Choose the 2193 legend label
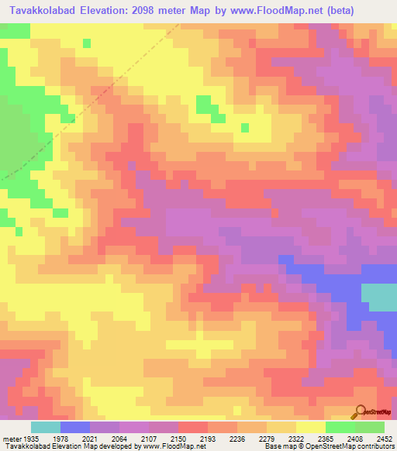209,439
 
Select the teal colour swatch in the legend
46,427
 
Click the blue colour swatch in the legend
75,427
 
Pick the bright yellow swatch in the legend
311,427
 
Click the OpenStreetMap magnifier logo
361,411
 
